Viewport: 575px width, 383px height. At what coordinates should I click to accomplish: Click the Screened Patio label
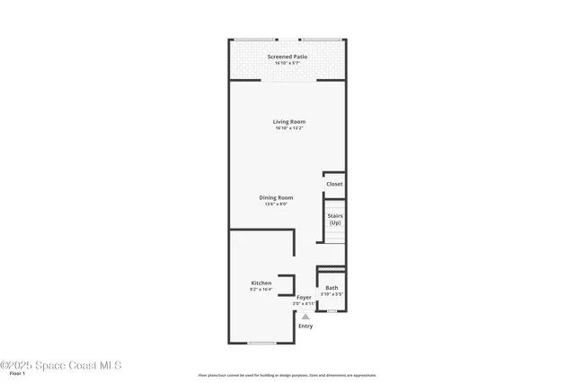click(x=287, y=57)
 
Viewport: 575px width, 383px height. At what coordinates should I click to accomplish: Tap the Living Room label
click(x=289, y=121)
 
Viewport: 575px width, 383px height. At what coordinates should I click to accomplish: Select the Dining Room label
click(x=276, y=197)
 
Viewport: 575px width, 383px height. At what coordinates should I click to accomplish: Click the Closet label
click(x=334, y=184)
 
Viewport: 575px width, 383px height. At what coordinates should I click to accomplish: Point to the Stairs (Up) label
click(x=334, y=219)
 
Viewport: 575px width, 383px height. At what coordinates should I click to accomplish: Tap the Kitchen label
click(x=261, y=283)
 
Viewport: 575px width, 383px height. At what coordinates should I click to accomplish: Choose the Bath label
click(x=332, y=287)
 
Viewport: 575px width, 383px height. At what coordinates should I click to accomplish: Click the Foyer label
click(x=304, y=297)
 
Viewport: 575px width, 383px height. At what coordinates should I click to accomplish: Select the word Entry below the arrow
click(x=305, y=326)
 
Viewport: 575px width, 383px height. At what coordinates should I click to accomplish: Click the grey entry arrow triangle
click(x=305, y=316)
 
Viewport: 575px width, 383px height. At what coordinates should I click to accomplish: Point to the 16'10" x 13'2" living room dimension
click(x=289, y=128)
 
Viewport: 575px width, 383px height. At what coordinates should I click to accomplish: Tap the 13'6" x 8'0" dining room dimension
click(x=276, y=205)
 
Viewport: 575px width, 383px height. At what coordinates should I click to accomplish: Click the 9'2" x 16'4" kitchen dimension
click(x=261, y=291)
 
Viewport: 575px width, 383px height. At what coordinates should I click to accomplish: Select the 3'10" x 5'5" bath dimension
click(x=332, y=294)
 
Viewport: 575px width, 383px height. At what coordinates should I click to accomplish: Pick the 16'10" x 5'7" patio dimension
click(x=287, y=63)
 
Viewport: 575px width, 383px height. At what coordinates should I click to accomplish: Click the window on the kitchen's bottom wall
click(x=261, y=343)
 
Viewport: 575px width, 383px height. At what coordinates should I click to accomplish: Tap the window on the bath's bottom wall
click(x=332, y=311)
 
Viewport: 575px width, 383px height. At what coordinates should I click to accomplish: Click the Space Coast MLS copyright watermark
click(x=60, y=365)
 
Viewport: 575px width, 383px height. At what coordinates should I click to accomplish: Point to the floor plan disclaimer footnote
click(x=287, y=375)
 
